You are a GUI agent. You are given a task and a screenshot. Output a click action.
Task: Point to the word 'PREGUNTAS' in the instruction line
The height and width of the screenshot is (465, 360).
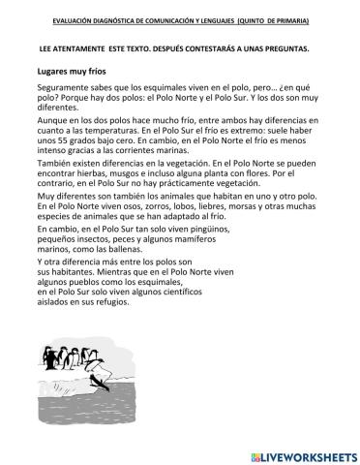click(291, 46)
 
